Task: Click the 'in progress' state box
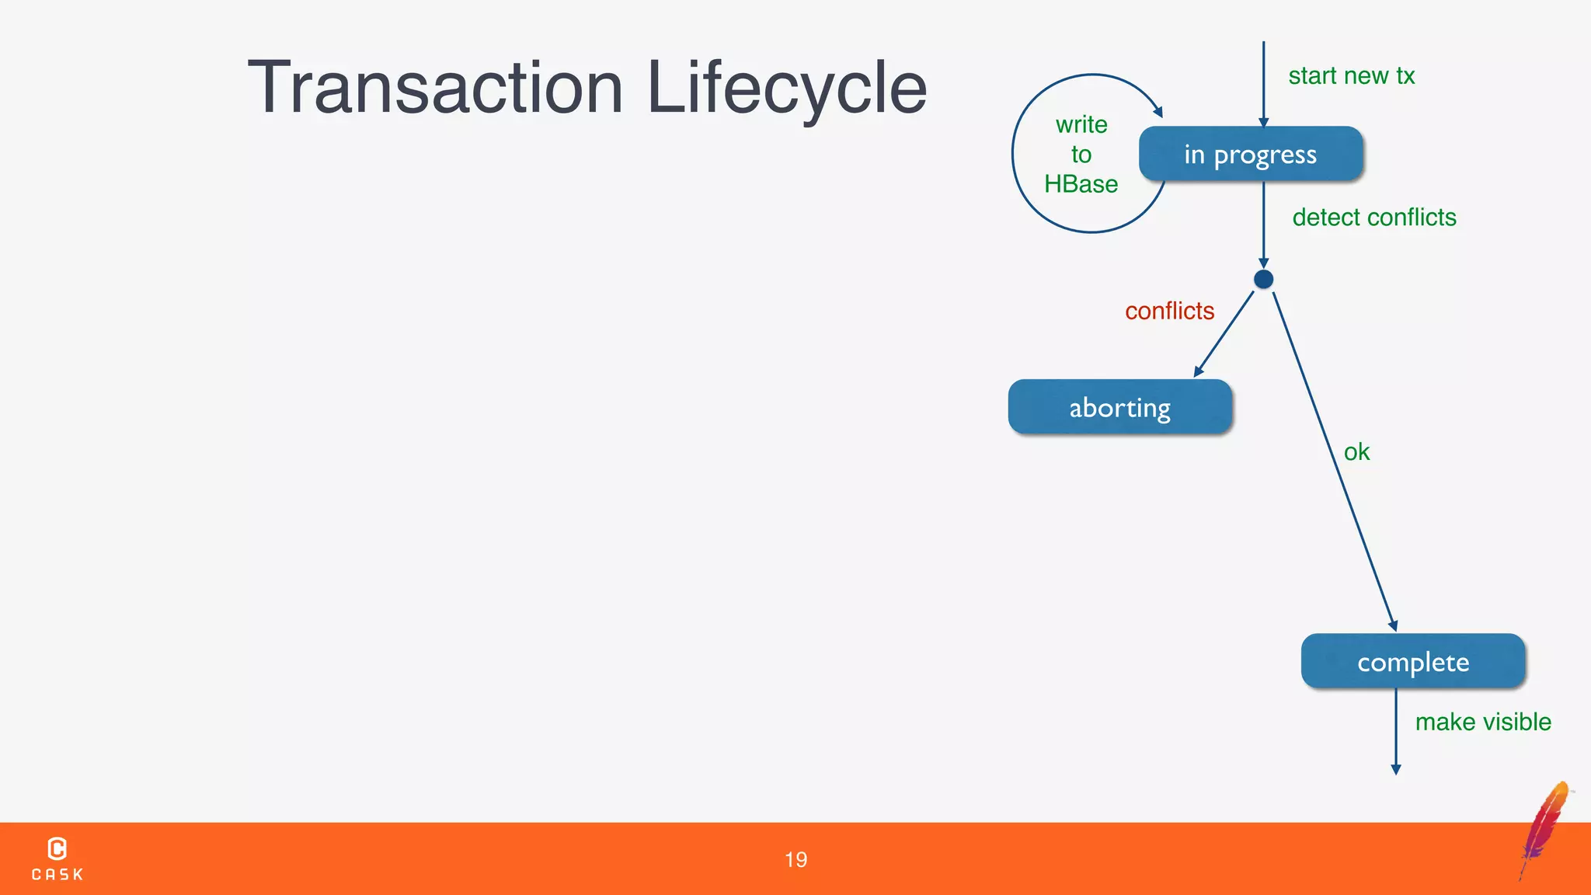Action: (x=1250, y=154)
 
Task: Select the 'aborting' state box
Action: (x=1119, y=407)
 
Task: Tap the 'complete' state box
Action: (x=1412, y=661)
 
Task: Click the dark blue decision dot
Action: (x=1263, y=280)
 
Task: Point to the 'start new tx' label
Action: (x=1351, y=76)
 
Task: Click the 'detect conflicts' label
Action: (x=1373, y=218)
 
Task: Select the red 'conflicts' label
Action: (x=1169, y=311)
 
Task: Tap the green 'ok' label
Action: (x=1356, y=452)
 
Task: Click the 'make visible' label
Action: (x=1482, y=722)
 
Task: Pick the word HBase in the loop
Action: (x=1081, y=184)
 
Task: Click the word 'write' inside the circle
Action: (x=1081, y=124)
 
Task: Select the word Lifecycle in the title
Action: (x=786, y=87)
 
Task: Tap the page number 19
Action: (x=795, y=859)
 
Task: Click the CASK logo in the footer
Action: (x=57, y=858)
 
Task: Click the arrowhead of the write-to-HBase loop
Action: (x=1158, y=112)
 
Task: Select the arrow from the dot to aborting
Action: (x=1224, y=334)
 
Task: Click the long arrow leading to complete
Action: (x=1333, y=458)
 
